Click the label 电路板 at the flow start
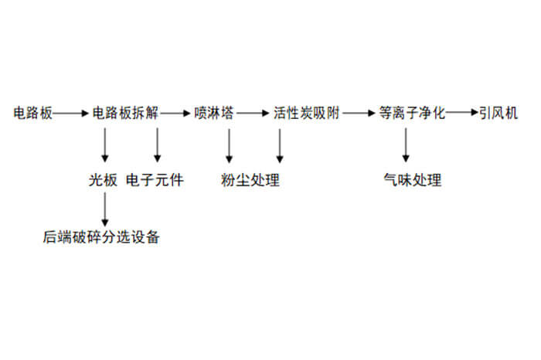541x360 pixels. point(33,113)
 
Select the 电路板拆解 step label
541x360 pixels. point(125,113)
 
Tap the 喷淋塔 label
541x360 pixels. point(214,113)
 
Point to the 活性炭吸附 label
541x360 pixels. point(306,113)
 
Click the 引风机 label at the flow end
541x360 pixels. point(497,113)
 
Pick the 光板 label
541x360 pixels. point(104,182)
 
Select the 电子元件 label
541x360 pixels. point(155,182)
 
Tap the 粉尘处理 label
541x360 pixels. point(250,182)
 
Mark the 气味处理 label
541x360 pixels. point(412,182)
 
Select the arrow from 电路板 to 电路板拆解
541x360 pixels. point(72,114)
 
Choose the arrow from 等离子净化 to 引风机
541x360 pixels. point(462,114)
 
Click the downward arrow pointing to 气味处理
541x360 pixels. point(406,146)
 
